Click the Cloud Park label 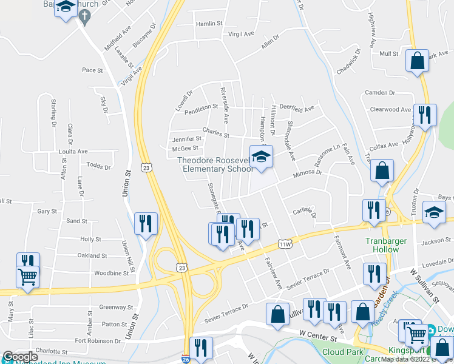click(342, 352)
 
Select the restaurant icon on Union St click(146, 223)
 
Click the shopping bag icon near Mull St click(417, 61)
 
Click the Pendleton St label click(201, 107)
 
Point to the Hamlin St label click(210, 24)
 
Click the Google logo click(21, 357)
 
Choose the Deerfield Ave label click(296, 109)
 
